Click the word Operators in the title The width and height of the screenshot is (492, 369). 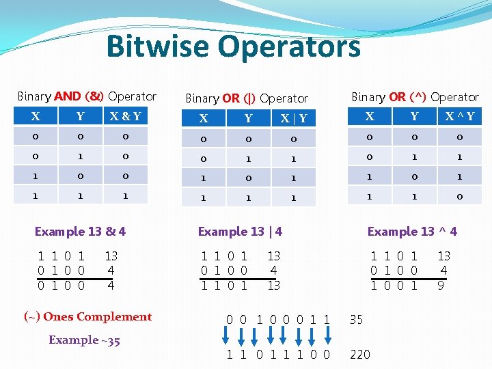[x=290, y=46]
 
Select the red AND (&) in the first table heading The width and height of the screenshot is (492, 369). [x=79, y=96]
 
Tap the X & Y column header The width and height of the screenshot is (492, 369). [x=125, y=116]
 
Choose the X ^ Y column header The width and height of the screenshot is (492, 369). [x=460, y=116]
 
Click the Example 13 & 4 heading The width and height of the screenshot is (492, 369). [x=80, y=231]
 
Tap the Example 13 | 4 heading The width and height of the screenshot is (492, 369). [x=240, y=232]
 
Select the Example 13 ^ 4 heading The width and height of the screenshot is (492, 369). [x=412, y=232]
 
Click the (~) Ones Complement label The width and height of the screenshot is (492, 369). [x=87, y=316]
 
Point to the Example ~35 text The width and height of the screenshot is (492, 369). [x=84, y=340]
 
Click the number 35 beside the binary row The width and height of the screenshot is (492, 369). [x=356, y=319]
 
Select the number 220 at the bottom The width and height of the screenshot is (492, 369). [x=359, y=354]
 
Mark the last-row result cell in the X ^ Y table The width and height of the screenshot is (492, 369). [x=460, y=197]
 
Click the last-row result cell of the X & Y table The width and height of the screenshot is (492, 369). [x=125, y=197]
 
